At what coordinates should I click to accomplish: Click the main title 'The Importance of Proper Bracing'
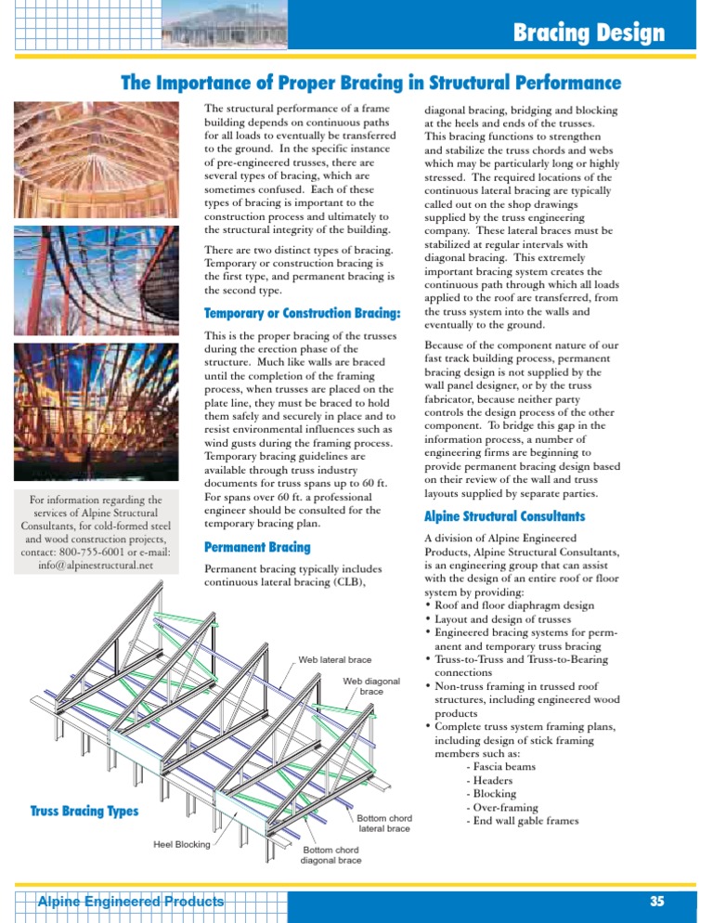371,84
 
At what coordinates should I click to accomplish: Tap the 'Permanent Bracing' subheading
256,547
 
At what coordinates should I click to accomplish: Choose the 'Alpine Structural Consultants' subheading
504,514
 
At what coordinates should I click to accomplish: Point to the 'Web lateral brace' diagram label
334,660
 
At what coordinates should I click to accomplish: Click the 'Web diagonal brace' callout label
371,686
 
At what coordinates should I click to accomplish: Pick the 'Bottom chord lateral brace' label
384,823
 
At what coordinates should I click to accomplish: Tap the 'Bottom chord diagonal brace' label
331,854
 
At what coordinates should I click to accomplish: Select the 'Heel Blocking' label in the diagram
182,844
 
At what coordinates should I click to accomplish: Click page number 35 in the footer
657,902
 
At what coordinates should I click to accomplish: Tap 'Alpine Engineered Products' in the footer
130,902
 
